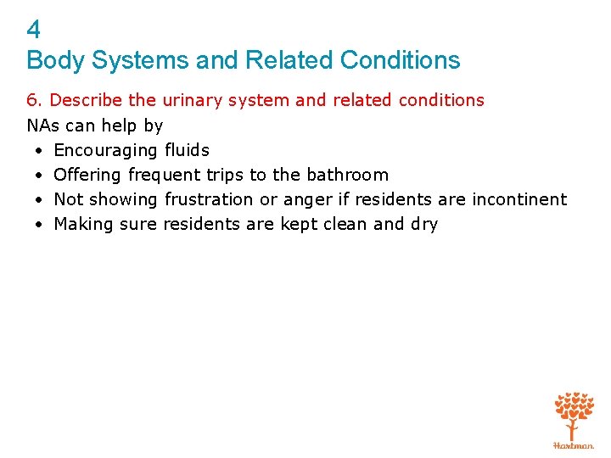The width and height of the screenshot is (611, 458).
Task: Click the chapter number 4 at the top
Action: click(x=33, y=31)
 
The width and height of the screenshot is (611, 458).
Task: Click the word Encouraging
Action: click(x=105, y=150)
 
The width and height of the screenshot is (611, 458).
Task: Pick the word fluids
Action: click(x=187, y=150)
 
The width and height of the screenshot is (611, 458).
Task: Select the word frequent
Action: click(x=165, y=175)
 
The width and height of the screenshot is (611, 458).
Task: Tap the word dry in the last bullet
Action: click(x=424, y=225)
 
